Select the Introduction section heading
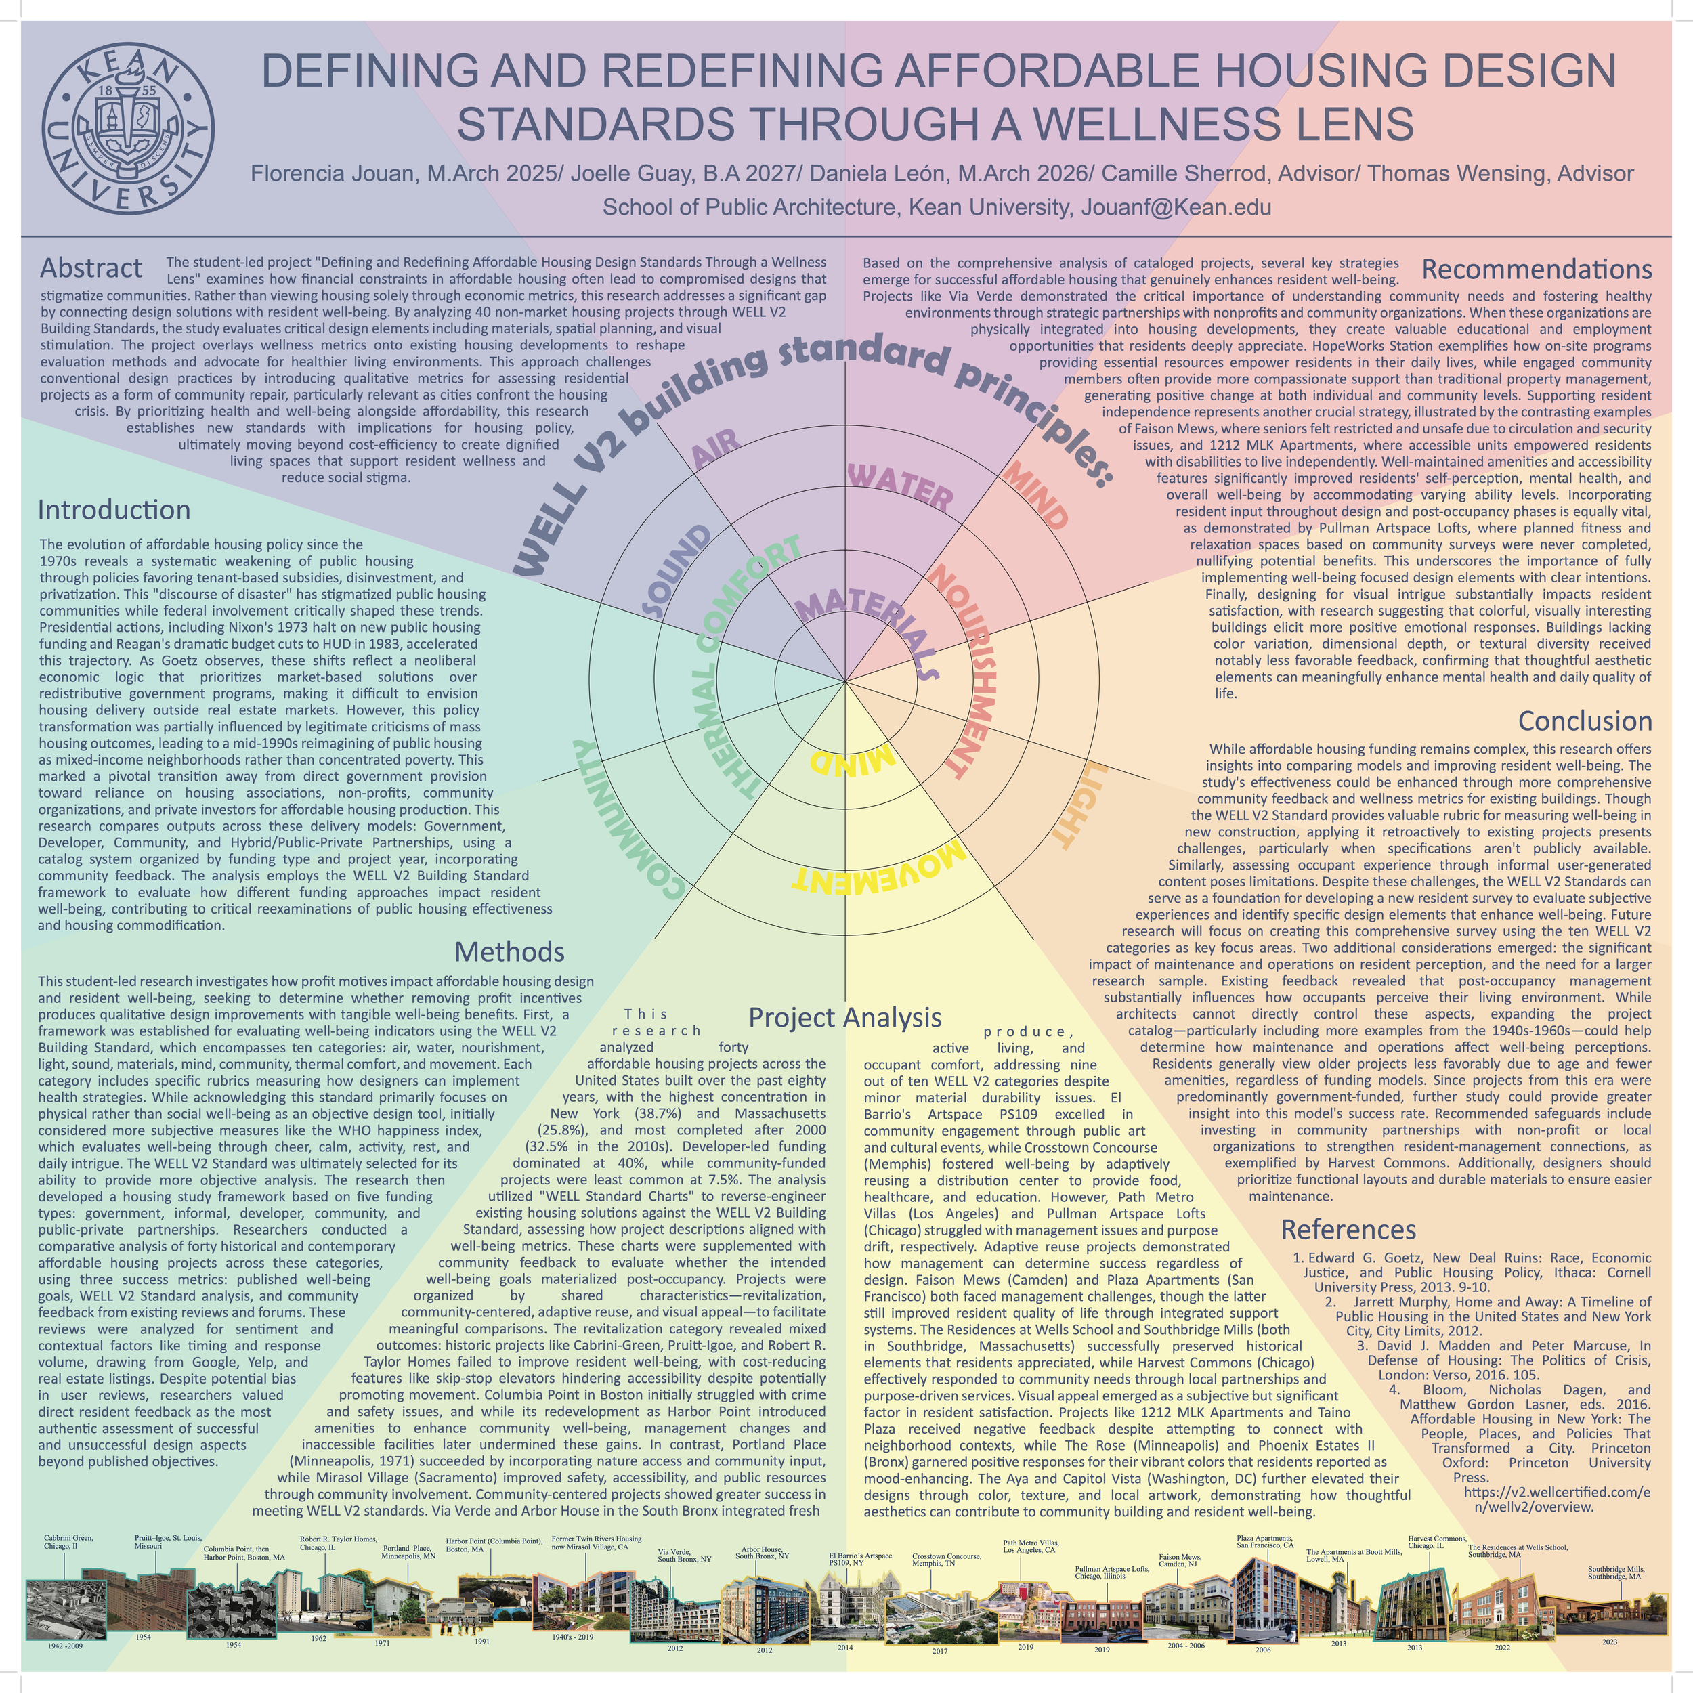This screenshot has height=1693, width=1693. (x=114, y=510)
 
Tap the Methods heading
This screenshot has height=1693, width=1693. (x=509, y=951)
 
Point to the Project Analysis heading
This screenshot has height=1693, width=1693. (x=844, y=1017)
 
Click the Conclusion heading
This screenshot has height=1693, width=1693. (x=1585, y=721)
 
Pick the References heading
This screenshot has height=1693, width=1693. (x=1348, y=1229)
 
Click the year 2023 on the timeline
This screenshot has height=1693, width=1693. (x=1609, y=1642)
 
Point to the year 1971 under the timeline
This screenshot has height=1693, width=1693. (x=382, y=1643)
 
